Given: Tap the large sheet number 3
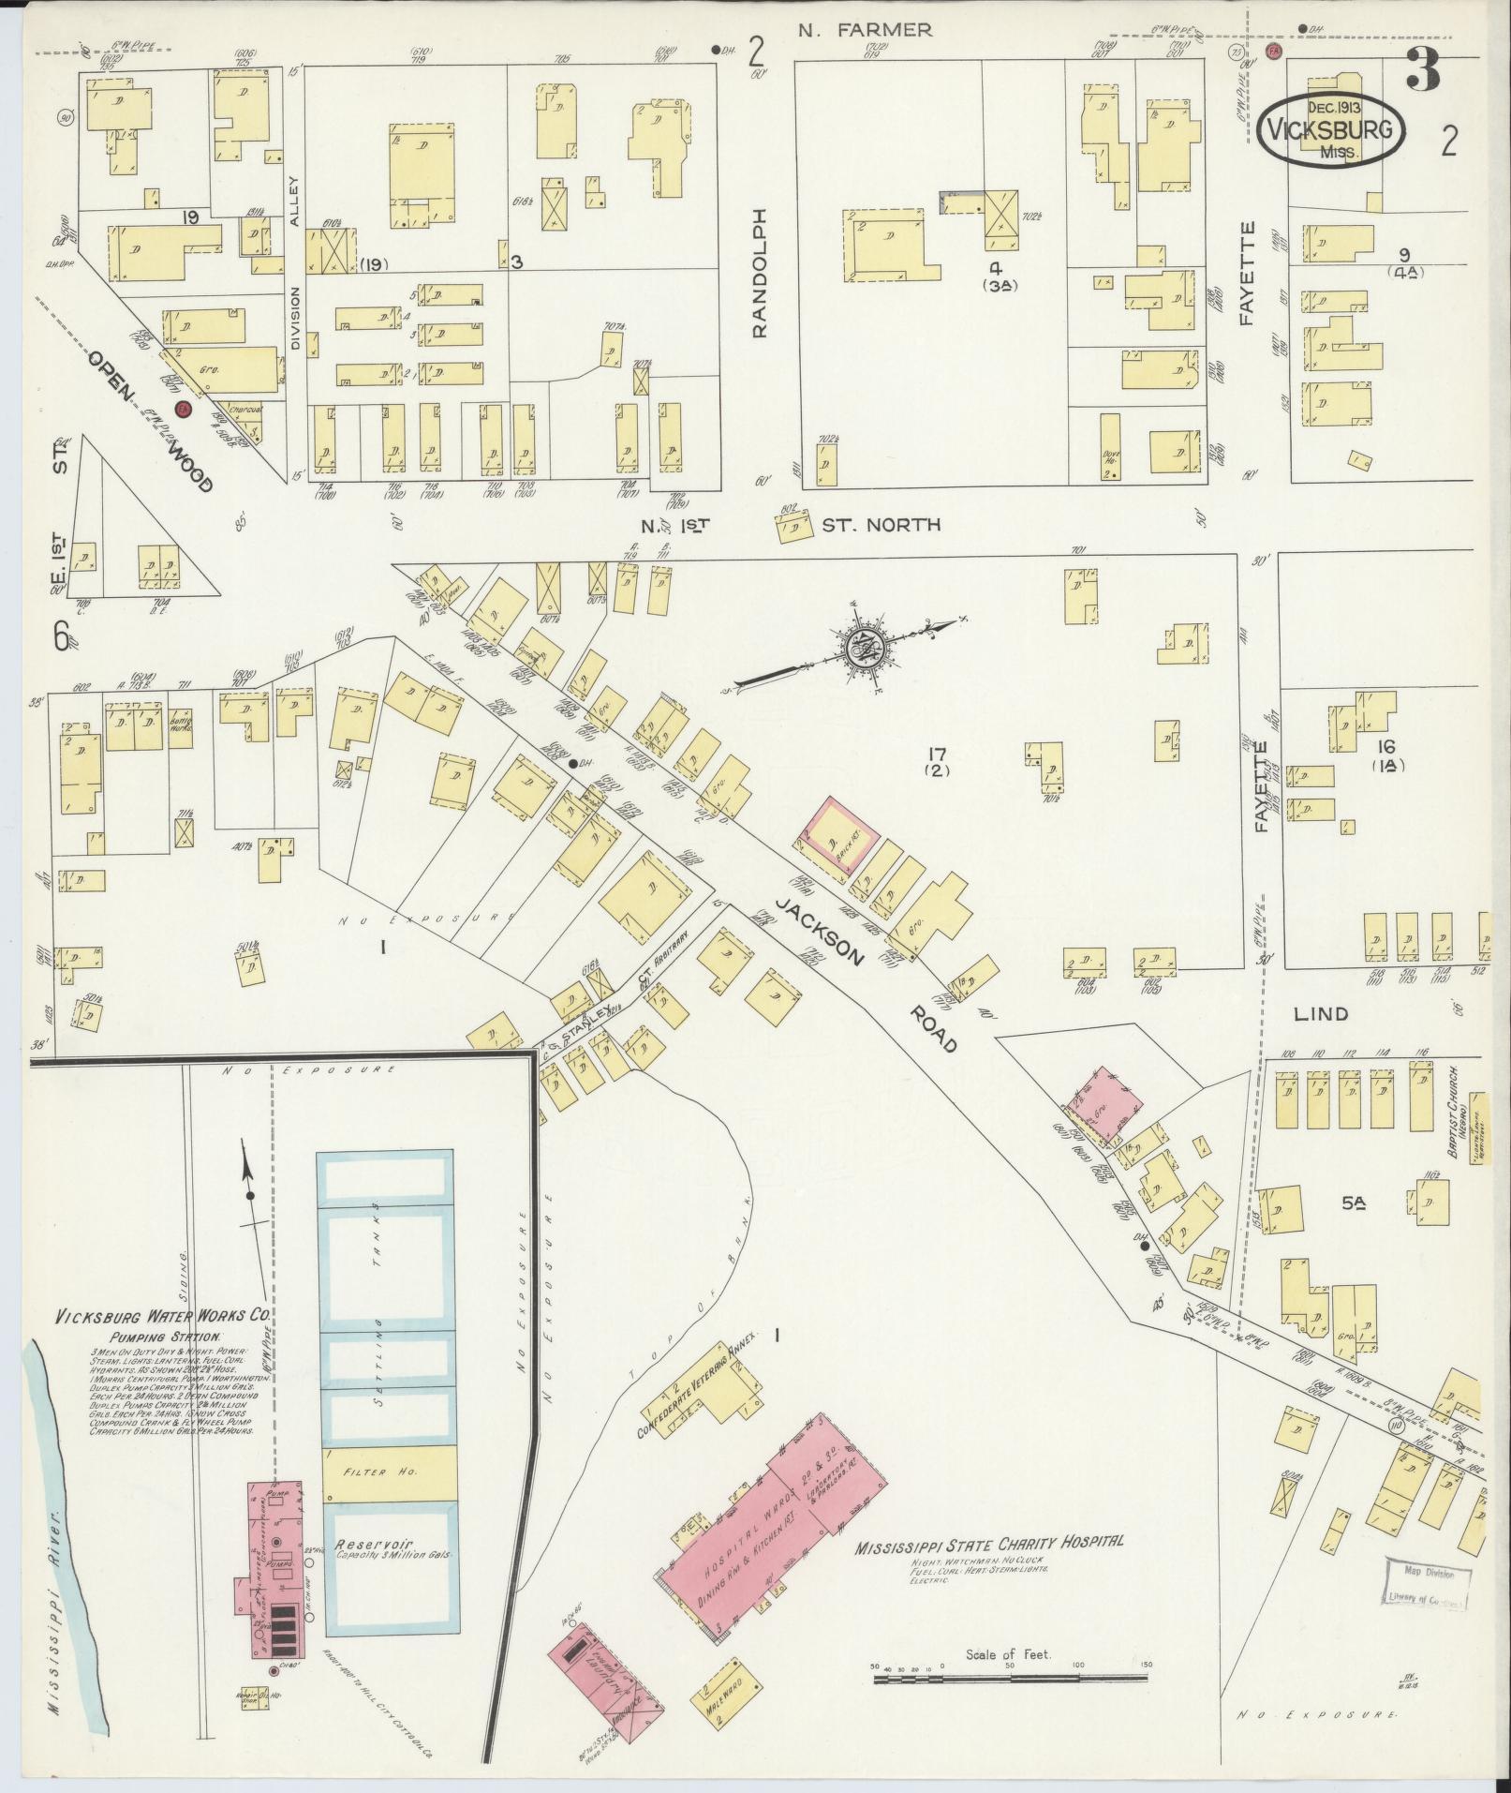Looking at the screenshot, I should pos(1422,71).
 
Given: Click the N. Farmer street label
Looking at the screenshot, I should pos(865,30).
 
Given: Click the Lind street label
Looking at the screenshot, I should pos(1321,1013).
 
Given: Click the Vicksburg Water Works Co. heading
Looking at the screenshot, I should pos(163,1315).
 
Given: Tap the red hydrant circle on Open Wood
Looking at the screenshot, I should pos(184,409).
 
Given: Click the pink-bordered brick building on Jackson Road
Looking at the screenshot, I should pos(836,834).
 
